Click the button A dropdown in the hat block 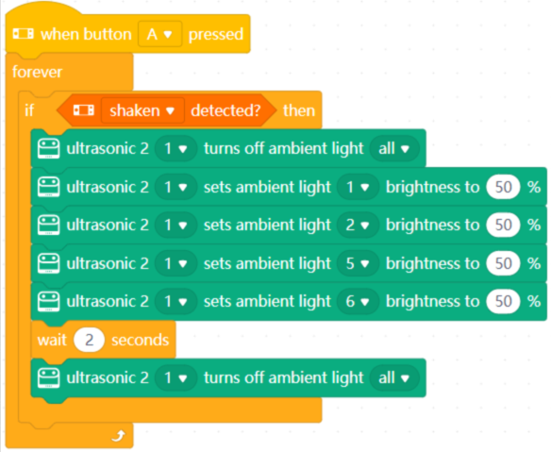click(159, 34)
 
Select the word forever click(37, 72)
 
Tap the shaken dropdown click(142, 110)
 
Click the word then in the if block click(299, 110)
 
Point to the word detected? click(225, 110)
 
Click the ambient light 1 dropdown click(358, 187)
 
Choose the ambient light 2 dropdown click(358, 225)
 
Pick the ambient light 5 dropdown click(358, 263)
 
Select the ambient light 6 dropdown click(358, 301)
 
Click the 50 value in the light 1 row click(503, 187)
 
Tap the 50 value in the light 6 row click(503, 301)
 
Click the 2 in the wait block click(90, 340)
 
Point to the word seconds click(141, 340)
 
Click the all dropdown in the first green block click(394, 148)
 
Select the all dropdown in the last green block click(394, 377)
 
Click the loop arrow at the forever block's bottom click(119, 436)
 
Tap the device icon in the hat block click(24, 34)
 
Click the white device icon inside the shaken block click(84, 110)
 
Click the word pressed click(216, 35)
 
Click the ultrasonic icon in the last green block click(48, 377)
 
